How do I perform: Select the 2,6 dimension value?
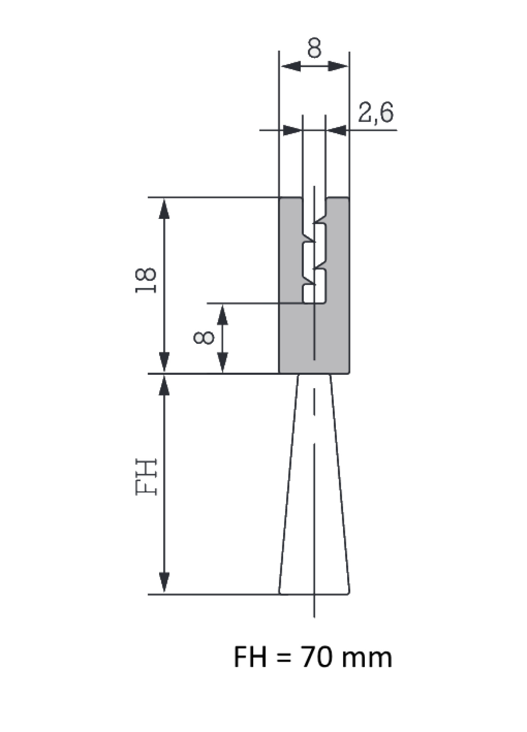[x=376, y=113]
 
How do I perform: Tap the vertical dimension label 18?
[x=146, y=280]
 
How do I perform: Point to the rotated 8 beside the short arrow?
[x=203, y=338]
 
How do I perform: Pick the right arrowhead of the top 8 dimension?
[x=338, y=66]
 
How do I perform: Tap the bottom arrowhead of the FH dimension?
[x=164, y=583]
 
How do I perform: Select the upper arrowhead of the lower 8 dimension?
[x=222, y=315]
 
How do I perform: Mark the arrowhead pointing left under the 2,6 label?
[x=337, y=130]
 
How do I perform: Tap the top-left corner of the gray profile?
[x=280, y=198]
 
